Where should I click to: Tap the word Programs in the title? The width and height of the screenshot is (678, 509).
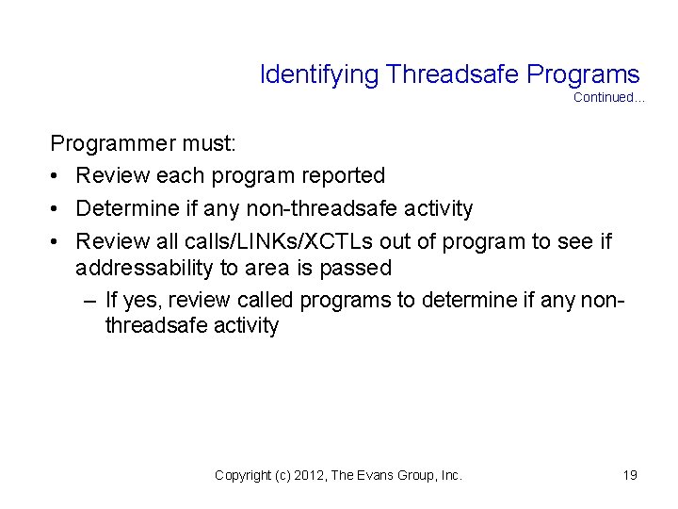pos(584,74)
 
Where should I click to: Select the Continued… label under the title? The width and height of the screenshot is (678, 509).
pos(608,98)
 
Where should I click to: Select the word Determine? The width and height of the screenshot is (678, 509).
pos(124,206)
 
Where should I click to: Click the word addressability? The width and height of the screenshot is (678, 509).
pos(144,268)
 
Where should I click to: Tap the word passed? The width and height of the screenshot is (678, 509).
pos(357,268)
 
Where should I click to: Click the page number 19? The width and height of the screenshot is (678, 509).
pos(630,476)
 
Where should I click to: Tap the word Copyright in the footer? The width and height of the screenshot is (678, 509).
pos(242,476)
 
